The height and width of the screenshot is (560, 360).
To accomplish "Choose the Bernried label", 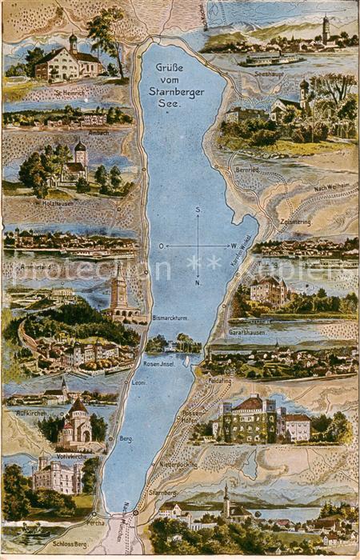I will click(x=246, y=170).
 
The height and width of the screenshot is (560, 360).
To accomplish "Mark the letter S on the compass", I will click(x=197, y=210).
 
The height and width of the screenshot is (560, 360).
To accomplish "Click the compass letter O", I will click(x=161, y=246).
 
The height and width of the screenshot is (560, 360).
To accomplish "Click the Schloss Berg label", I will click(x=70, y=542).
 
